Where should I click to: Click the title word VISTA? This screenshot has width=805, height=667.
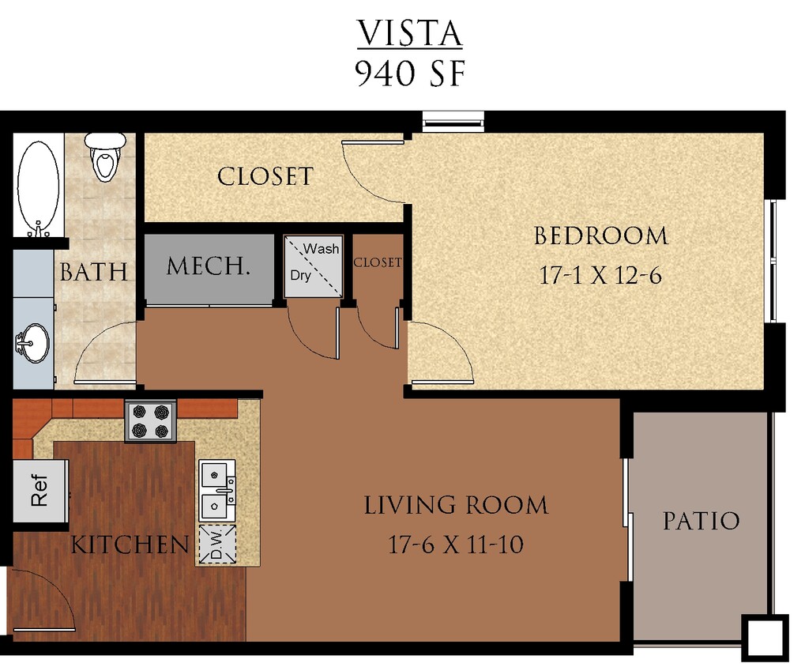click(x=408, y=34)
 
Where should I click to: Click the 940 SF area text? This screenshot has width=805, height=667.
click(x=408, y=73)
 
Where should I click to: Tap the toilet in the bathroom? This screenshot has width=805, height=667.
click(x=105, y=156)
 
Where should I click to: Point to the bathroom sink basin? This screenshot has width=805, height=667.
click(x=34, y=344)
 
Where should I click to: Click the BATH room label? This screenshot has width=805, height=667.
click(x=93, y=273)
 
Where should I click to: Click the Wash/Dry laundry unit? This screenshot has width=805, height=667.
click(x=313, y=266)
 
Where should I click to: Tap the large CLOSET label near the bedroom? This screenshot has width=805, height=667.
click(x=265, y=176)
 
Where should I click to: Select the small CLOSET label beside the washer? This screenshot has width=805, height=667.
click(x=378, y=262)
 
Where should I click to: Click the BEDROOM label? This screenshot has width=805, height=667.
click(x=600, y=236)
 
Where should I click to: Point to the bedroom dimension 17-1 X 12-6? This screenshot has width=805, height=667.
click(x=600, y=275)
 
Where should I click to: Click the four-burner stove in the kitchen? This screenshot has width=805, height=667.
click(x=150, y=421)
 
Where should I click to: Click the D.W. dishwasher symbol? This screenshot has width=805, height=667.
click(x=216, y=544)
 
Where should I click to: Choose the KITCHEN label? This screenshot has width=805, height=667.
click(x=130, y=545)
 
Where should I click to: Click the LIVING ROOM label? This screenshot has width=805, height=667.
click(x=456, y=505)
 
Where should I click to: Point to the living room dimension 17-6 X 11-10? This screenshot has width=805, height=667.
click(x=456, y=545)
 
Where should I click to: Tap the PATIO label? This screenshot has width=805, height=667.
click(x=701, y=521)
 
